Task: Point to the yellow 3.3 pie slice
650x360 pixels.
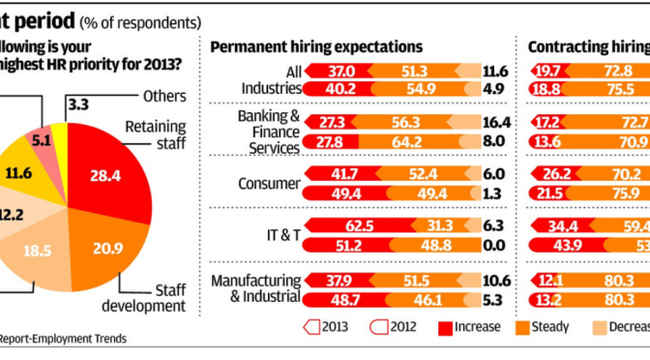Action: pyautogui.click(x=60, y=135)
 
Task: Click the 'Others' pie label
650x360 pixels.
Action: pyautogui.click(x=164, y=97)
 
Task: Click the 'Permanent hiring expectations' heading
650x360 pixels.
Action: pyautogui.click(x=316, y=45)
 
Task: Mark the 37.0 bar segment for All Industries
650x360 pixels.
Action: pyautogui.click(x=340, y=72)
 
